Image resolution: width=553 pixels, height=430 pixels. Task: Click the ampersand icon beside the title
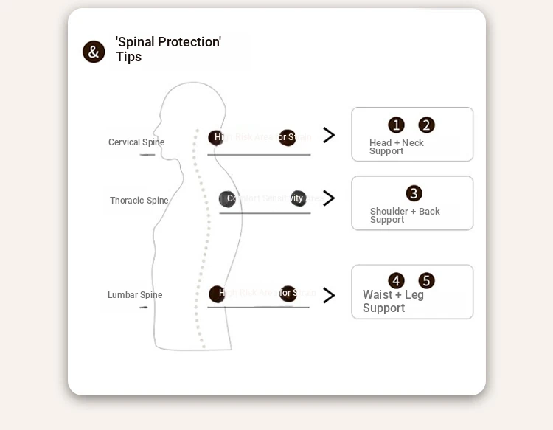click(94, 52)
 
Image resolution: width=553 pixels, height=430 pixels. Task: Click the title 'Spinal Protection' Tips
click(168, 49)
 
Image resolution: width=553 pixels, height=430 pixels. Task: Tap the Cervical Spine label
click(136, 142)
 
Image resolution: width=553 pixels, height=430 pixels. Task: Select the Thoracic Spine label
click(139, 201)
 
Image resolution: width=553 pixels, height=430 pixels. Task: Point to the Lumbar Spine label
click(135, 295)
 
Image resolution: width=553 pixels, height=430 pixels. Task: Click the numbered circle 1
click(397, 125)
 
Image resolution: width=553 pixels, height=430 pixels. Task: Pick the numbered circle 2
click(426, 125)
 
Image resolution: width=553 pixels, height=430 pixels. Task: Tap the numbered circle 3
click(414, 194)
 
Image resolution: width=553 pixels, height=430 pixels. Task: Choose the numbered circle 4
click(397, 281)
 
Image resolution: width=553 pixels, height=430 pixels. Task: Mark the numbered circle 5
click(426, 281)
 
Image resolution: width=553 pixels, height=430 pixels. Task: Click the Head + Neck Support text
click(396, 147)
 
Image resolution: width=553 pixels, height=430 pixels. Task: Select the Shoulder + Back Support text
click(405, 215)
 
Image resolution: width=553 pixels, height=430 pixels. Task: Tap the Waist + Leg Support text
click(393, 302)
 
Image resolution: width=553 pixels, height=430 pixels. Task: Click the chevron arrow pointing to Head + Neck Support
click(329, 135)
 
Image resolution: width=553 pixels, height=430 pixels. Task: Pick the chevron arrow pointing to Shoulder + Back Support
click(329, 198)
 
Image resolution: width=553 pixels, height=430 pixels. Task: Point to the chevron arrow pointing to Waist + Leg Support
click(329, 296)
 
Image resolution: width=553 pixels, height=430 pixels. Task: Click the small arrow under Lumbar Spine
click(144, 307)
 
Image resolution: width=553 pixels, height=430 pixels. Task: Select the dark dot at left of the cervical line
click(215, 137)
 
